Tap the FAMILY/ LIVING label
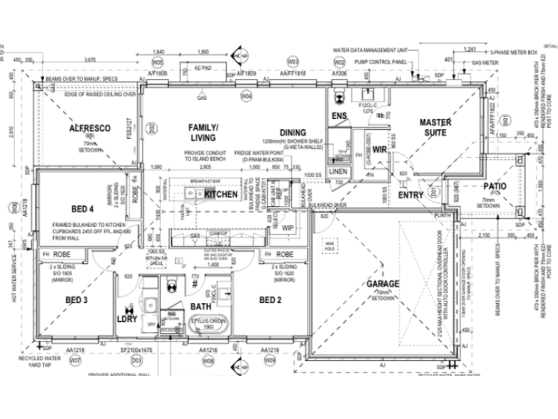[204, 133]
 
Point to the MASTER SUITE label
[436, 128]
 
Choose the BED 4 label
[82, 209]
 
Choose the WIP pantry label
[287, 228]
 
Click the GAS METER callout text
[486, 62]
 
